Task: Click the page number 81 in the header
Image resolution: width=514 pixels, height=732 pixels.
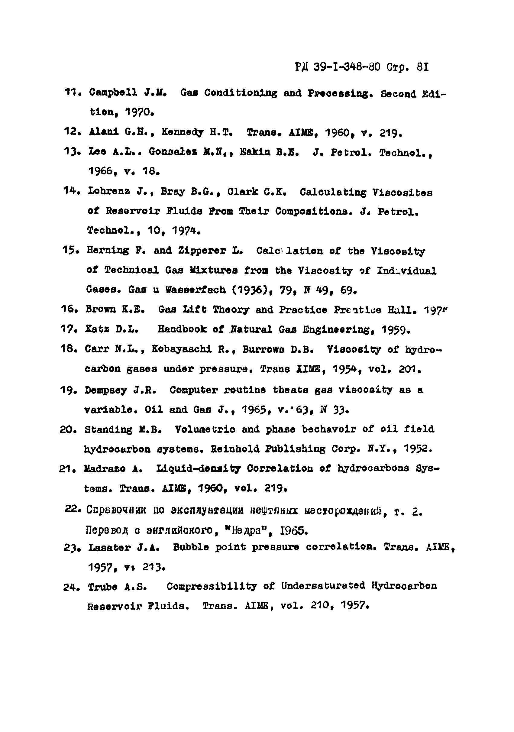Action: tap(422, 67)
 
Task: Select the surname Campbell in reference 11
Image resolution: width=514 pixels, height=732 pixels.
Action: tap(113, 92)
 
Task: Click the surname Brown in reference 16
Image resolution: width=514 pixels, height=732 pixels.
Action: tap(101, 309)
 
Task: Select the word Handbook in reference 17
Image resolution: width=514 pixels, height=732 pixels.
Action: tap(182, 329)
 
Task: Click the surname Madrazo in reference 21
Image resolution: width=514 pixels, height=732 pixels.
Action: tap(105, 469)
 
